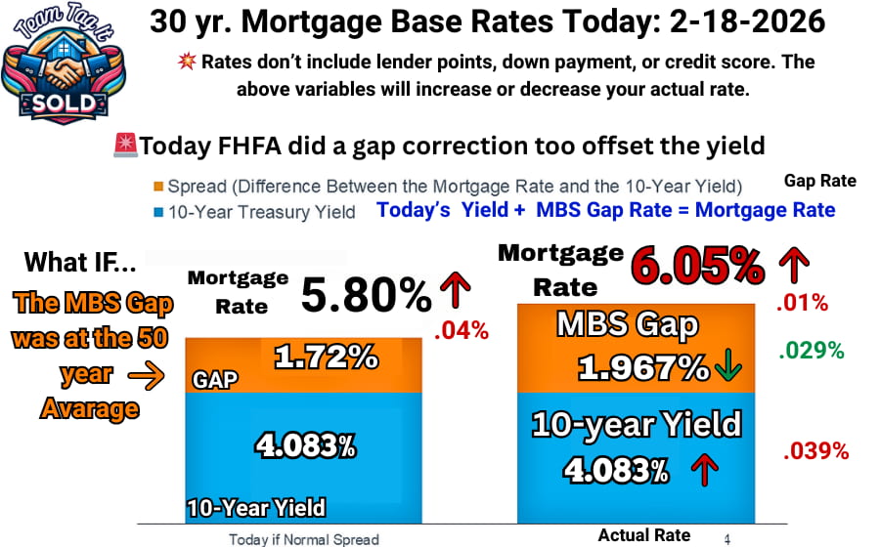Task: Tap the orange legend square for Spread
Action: tap(157, 187)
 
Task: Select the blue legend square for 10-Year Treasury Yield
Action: tap(157, 210)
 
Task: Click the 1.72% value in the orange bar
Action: tap(326, 358)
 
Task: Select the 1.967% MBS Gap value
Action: tap(642, 368)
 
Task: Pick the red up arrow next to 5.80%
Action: tap(456, 290)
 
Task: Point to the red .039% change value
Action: tap(815, 451)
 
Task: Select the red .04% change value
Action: tap(462, 331)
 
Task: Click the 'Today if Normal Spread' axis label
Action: tap(303, 538)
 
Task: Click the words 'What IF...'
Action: tap(80, 262)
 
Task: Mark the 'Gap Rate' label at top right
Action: tap(819, 181)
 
